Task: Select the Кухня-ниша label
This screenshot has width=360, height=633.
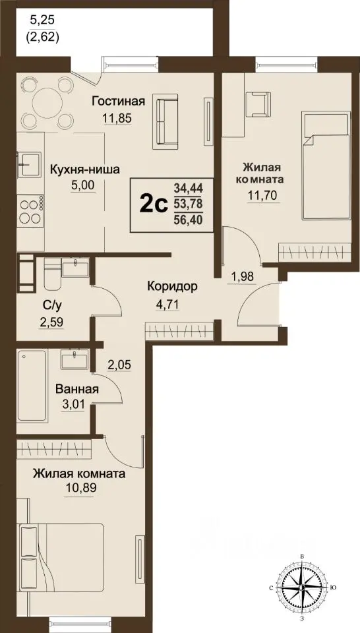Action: click(x=84, y=169)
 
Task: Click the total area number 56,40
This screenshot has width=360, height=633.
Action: click(x=188, y=221)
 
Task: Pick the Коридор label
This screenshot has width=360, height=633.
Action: click(x=173, y=287)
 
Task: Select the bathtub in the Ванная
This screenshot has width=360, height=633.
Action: click(x=32, y=386)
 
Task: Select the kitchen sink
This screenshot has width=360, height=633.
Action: click(x=29, y=162)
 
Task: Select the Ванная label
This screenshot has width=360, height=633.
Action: click(x=78, y=390)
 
